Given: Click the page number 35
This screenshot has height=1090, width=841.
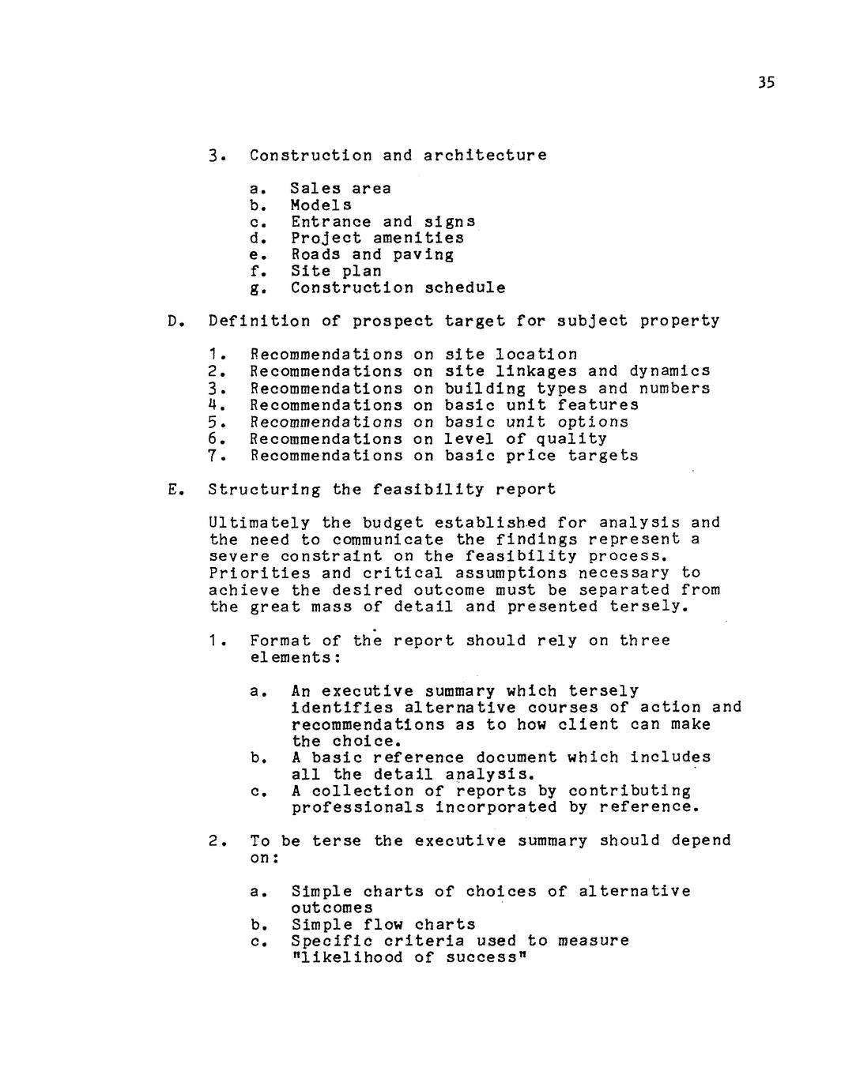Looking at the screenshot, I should coord(766,83).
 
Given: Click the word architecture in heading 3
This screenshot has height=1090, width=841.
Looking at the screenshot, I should coord(485,155).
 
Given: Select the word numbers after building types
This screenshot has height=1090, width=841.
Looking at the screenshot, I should coord(674,389).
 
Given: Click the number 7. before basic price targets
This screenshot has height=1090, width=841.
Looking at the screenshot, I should coord(213,456).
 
